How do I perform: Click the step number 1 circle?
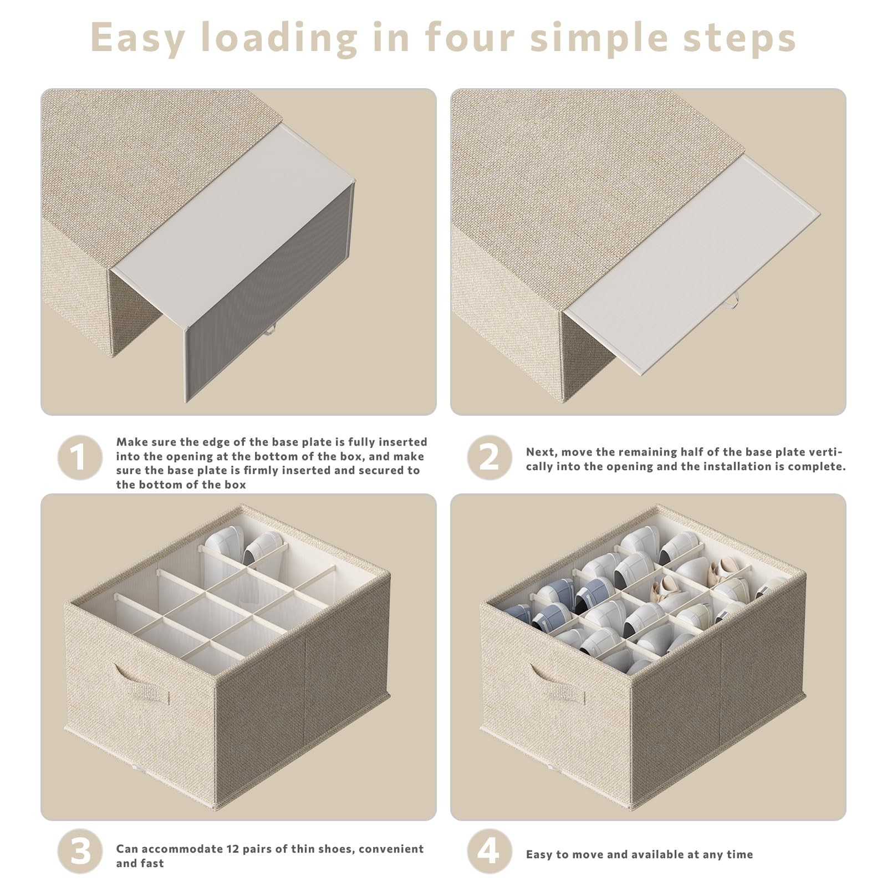80,457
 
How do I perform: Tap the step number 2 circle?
489,457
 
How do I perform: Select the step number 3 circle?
80,851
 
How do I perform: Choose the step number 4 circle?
489,851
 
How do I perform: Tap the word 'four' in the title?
470,37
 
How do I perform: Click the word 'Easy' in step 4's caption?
539,855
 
